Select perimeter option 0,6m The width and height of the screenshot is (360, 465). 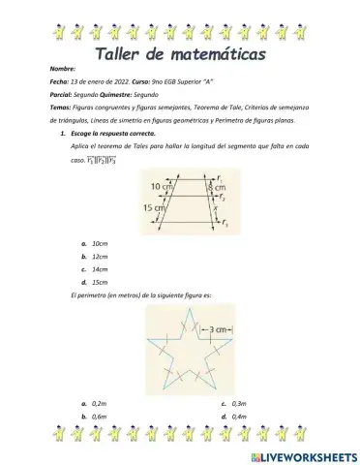point(100,442)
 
